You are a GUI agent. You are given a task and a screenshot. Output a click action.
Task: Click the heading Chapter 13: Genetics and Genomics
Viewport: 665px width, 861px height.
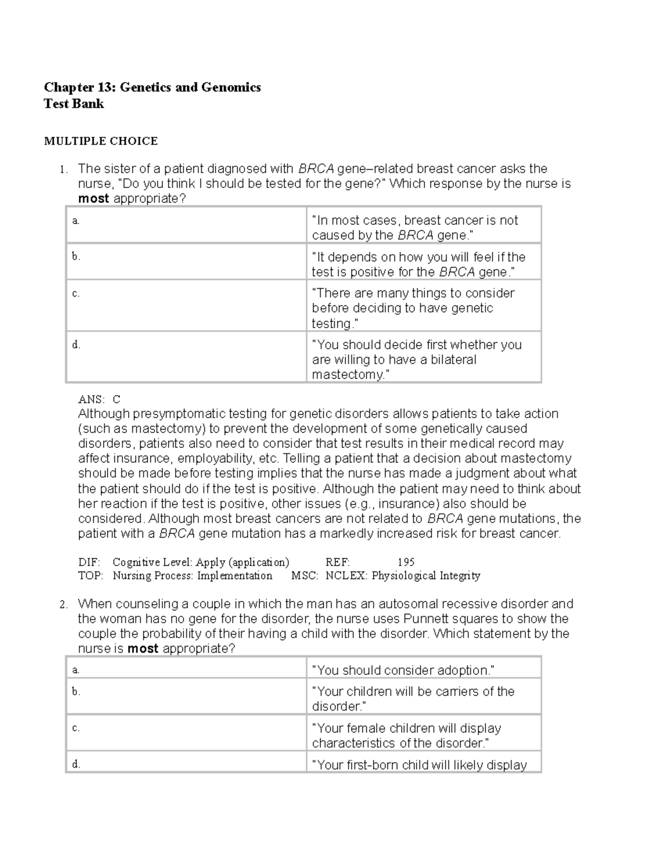pyautogui.click(x=152, y=88)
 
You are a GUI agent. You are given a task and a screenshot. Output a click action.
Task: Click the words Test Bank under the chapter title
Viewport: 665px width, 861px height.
pyautogui.click(x=74, y=104)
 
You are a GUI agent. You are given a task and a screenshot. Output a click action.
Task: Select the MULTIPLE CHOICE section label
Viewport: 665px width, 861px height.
pyautogui.click(x=101, y=141)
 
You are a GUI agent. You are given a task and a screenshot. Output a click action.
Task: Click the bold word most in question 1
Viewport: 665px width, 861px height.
pyautogui.click(x=93, y=198)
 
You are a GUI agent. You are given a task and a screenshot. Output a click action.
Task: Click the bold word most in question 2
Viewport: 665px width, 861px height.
pyautogui.click(x=143, y=649)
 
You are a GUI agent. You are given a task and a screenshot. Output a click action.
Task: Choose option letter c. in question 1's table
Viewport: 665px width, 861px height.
pyautogui.click(x=76, y=294)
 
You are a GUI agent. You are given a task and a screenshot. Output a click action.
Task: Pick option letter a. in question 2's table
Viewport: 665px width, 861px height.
pyautogui.click(x=76, y=670)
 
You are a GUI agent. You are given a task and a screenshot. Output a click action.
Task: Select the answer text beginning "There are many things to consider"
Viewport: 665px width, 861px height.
pyautogui.click(x=413, y=308)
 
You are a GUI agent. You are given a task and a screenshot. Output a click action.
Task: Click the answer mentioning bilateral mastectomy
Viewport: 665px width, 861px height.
pyautogui.click(x=416, y=359)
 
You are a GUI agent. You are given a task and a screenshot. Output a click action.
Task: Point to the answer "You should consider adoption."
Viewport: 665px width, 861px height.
pyautogui.click(x=403, y=670)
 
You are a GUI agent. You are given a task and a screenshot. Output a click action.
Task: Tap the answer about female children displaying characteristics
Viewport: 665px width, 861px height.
pyautogui.click(x=406, y=735)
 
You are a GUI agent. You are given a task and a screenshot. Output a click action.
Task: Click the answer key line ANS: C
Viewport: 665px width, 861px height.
pyautogui.click(x=99, y=399)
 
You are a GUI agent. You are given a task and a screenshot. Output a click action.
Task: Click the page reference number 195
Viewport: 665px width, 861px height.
pyautogui.click(x=406, y=562)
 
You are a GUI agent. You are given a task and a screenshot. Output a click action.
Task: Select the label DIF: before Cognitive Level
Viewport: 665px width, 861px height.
pyautogui.click(x=89, y=562)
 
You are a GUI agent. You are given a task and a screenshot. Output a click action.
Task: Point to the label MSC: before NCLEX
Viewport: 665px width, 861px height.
pyautogui.click(x=305, y=575)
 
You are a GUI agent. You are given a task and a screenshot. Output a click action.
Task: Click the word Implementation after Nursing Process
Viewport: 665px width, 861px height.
pyautogui.click(x=234, y=575)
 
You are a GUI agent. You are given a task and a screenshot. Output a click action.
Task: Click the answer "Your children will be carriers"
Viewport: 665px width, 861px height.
pyautogui.click(x=413, y=699)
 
